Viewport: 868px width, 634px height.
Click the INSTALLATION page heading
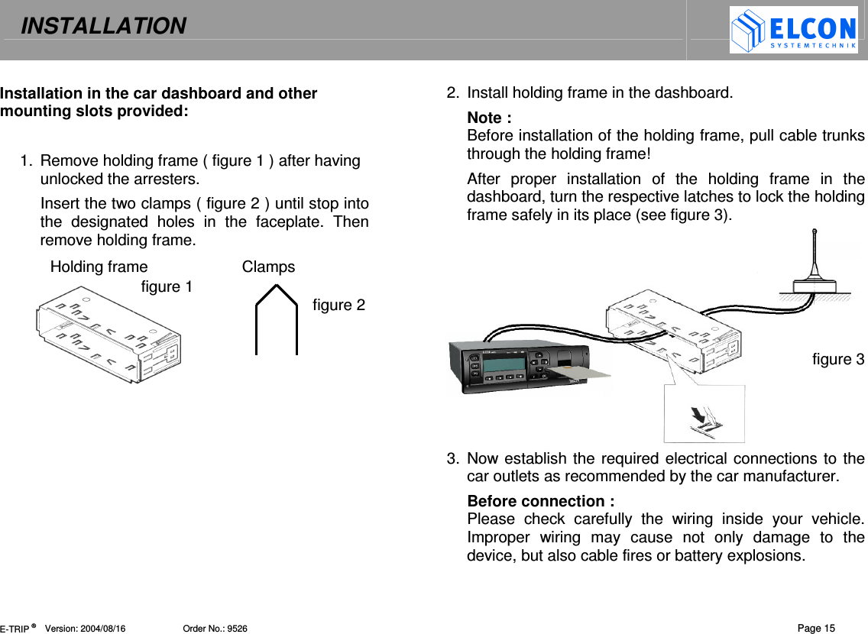coord(103,27)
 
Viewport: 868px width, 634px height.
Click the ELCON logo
coord(793,31)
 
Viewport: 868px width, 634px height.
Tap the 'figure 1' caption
coord(167,287)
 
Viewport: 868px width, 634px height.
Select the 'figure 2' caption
coord(338,306)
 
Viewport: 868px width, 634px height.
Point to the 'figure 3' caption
coord(837,359)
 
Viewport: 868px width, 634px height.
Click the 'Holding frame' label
coord(99,267)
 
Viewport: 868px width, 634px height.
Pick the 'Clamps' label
coord(268,267)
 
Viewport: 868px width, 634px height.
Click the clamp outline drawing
coord(276,321)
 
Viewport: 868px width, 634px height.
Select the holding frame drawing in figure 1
coord(108,336)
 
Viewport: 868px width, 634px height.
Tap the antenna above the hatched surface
coord(815,264)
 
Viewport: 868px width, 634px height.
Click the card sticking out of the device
coord(581,374)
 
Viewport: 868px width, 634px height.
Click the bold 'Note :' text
coord(489,118)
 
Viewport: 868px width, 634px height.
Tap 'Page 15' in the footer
coord(816,629)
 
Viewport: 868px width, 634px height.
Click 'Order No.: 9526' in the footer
coord(215,629)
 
